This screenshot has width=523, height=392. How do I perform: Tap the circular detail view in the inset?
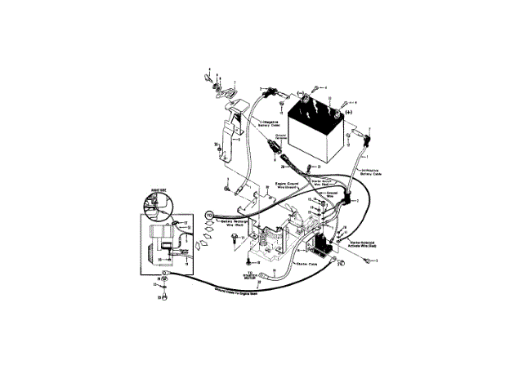tap(154, 207)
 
